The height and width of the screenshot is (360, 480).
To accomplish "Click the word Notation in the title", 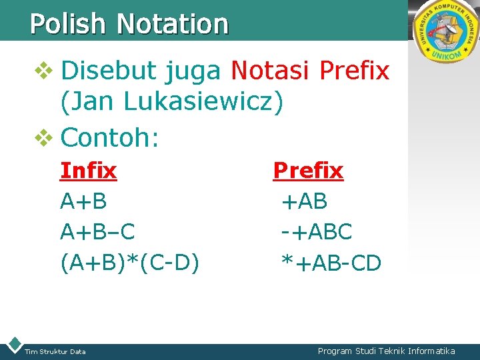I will [173, 24].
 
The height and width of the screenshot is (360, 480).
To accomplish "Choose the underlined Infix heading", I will [88, 171].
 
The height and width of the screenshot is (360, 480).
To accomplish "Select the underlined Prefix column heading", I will [308, 171].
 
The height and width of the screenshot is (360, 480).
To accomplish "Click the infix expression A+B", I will [83, 201].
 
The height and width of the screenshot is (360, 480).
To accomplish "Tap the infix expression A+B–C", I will [97, 232].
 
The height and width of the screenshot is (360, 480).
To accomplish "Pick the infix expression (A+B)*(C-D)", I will [130, 263].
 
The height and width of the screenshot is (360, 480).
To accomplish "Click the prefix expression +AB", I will [305, 201].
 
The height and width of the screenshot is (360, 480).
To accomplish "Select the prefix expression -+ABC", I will [317, 232].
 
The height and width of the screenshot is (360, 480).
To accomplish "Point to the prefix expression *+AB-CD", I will [331, 263].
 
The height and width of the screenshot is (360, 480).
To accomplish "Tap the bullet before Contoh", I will [43, 138].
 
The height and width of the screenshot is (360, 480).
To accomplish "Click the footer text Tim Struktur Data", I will [55, 351].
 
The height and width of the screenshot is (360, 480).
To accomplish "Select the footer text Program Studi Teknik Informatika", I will [387, 351].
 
